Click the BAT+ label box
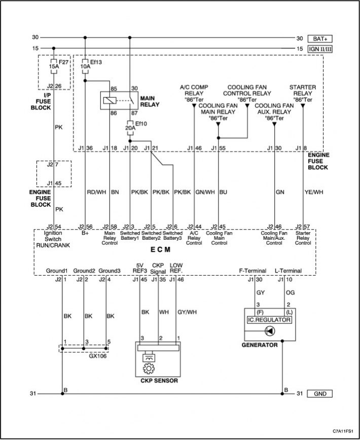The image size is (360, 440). (320, 39)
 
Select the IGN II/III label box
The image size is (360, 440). (320, 49)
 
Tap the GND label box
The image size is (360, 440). (320, 394)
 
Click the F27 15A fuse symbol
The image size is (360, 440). (54, 66)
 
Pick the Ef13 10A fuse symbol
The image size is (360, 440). (85, 66)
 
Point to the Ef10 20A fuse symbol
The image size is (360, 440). (130, 128)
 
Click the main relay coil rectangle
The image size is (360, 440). (110, 100)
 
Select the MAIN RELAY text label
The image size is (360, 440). (150, 101)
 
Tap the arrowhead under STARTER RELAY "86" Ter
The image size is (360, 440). (303, 106)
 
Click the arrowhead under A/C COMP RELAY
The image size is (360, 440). (194, 106)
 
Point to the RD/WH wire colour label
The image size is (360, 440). (97, 192)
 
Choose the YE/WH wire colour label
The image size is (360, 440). (314, 192)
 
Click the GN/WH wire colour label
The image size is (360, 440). (205, 192)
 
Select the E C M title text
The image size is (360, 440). (161, 249)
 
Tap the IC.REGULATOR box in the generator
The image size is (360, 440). (269, 320)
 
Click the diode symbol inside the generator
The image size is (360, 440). (270, 331)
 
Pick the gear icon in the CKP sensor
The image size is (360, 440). (149, 369)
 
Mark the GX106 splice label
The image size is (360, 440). (98, 356)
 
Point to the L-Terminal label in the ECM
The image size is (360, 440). (288, 271)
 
